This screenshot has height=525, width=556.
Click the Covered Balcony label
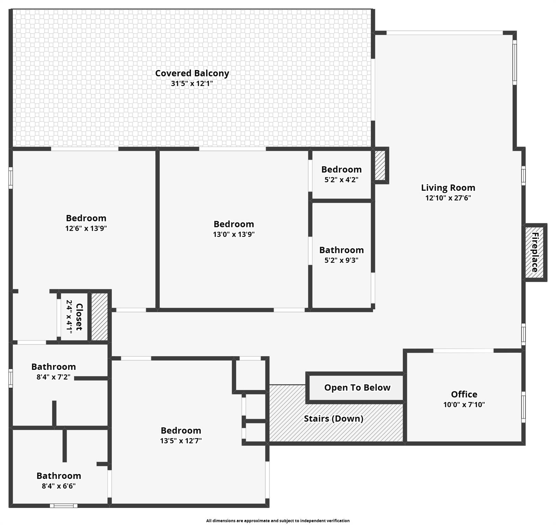tap(192, 73)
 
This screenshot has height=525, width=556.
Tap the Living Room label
tap(448, 188)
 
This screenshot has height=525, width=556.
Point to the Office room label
tap(464, 394)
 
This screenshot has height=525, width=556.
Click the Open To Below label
tap(357, 388)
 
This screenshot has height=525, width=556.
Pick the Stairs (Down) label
tap(333, 419)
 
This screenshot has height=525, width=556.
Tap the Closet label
tap(79, 317)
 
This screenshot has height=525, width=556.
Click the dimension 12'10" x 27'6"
tap(448, 198)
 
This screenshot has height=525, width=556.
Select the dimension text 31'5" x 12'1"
tap(192, 83)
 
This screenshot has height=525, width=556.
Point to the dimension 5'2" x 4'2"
tap(341, 180)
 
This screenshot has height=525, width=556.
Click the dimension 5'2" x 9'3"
tap(341, 260)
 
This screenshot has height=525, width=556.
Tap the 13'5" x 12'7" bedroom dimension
tap(181, 441)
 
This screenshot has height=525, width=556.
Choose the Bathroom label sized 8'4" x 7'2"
tap(53, 367)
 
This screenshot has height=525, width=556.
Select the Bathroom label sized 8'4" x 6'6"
tap(59, 476)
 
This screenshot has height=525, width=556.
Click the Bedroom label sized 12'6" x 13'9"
tap(86, 218)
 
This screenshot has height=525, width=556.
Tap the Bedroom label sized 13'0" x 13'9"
tap(234, 224)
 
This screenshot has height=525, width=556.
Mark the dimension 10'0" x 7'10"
tap(464, 405)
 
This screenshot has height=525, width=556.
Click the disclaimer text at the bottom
tap(278, 521)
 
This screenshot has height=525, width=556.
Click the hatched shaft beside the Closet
tap(100, 317)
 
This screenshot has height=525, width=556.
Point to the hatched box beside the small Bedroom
tap(380, 165)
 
